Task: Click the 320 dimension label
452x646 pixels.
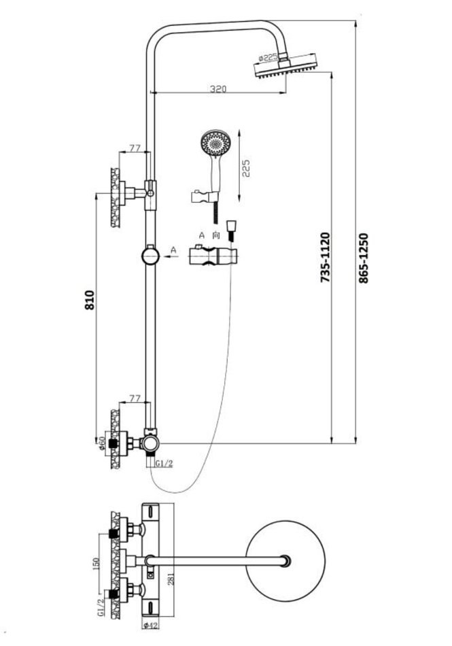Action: click(218, 88)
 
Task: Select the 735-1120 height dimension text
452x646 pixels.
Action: click(325, 258)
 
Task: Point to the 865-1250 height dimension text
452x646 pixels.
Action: click(364, 258)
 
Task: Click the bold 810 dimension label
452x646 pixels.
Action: click(88, 299)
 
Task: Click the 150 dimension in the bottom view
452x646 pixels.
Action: click(96, 565)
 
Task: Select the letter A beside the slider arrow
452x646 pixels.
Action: click(174, 250)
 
